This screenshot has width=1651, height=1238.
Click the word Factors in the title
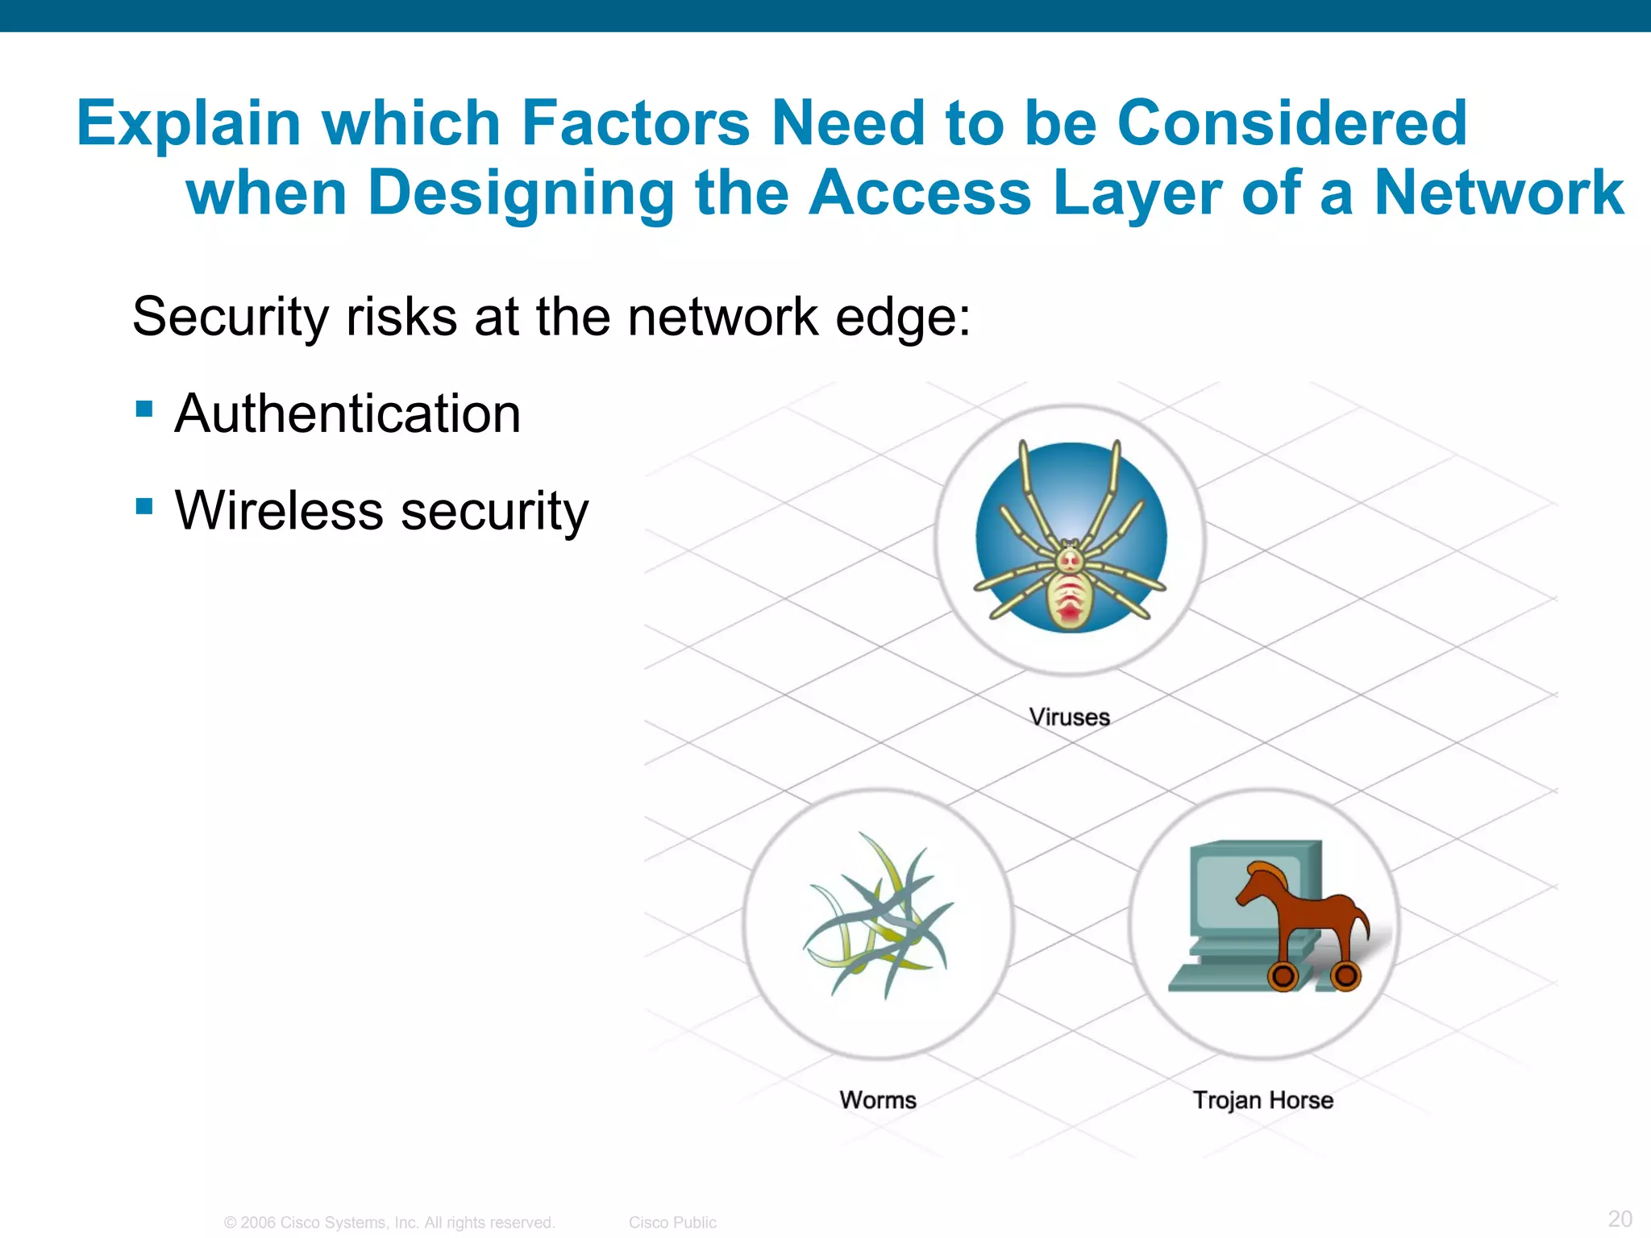pos(635,123)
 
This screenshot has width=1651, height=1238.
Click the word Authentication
pos(347,413)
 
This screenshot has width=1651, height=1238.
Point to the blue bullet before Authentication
pos(145,409)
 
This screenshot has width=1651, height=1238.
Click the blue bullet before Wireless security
pos(145,506)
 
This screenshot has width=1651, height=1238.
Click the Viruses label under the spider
pos(1069,717)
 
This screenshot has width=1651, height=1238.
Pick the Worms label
pos(878,1099)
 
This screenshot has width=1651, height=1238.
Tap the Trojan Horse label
pos(1262,1099)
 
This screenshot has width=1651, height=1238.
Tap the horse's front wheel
pos(1283,976)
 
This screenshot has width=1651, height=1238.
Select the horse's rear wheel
pos(1345,976)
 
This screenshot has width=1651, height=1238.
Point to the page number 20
pos(1620,1218)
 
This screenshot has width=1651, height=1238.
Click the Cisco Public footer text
pos(672,1223)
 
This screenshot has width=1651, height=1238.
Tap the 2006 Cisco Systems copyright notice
pos(389,1223)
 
